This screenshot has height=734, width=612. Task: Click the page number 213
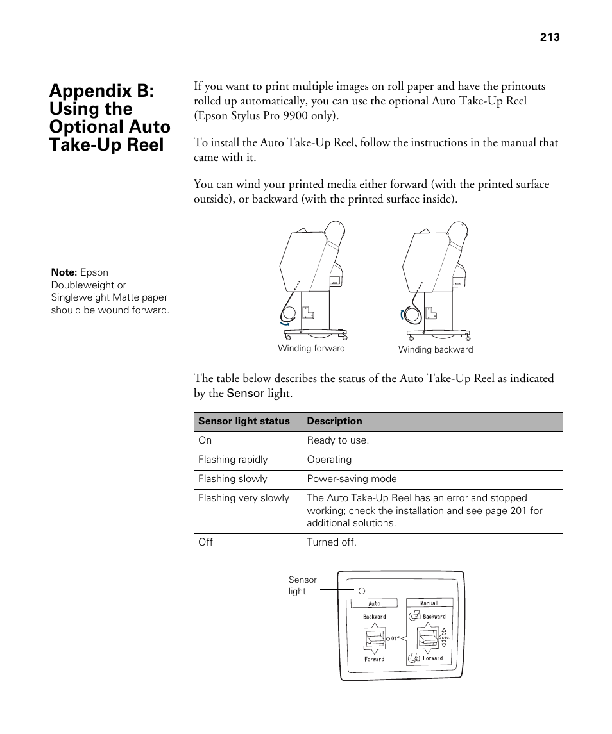pyautogui.click(x=550, y=37)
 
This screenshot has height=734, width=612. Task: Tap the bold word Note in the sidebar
pyautogui.click(x=64, y=272)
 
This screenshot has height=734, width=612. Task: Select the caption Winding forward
pyautogui.click(x=311, y=349)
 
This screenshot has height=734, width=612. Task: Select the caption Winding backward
pyautogui.click(x=435, y=350)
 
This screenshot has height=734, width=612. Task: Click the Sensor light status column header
pyautogui.click(x=244, y=421)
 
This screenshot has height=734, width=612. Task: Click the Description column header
pyautogui.click(x=334, y=421)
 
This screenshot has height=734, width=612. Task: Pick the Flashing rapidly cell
pyautogui.click(x=233, y=460)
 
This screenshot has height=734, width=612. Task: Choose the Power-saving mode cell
pyautogui.click(x=352, y=479)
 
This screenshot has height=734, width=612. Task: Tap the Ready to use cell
pyautogui.click(x=337, y=440)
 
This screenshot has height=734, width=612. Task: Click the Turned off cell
pyautogui.click(x=331, y=542)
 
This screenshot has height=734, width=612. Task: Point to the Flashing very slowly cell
pyautogui.click(x=244, y=498)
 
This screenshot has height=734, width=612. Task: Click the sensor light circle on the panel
pyautogui.click(x=361, y=590)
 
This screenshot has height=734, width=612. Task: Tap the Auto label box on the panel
pyautogui.click(x=374, y=603)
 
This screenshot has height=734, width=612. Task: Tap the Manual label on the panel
pyautogui.click(x=429, y=603)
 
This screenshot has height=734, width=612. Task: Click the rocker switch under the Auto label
pyautogui.click(x=374, y=638)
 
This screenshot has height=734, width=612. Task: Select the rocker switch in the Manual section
pyautogui.click(x=428, y=638)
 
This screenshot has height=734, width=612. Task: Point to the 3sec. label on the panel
pyautogui.click(x=444, y=638)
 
